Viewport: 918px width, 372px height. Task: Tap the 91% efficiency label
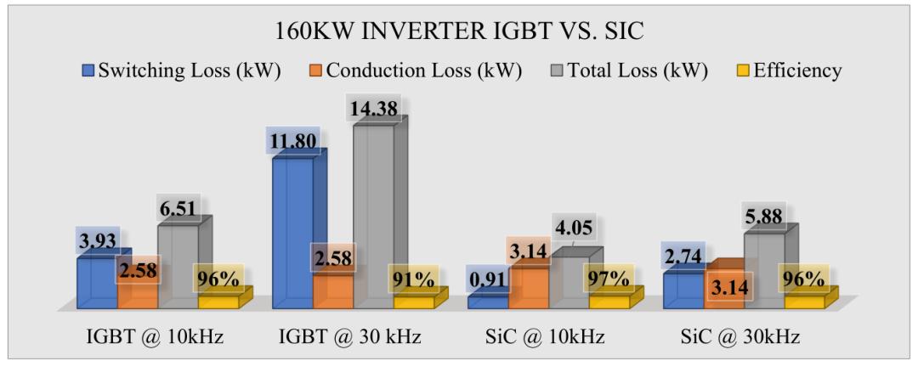tap(414, 279)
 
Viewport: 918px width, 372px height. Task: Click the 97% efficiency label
tap(609, 279)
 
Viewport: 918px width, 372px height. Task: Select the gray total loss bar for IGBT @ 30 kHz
tap(373, 212)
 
